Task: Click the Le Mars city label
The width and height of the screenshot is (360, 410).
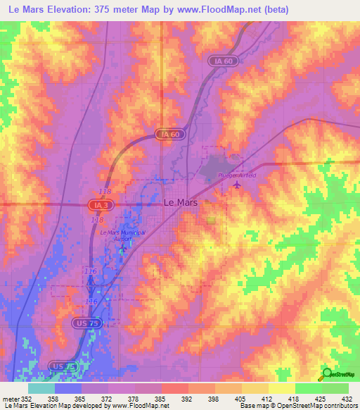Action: click(x=180, y=201)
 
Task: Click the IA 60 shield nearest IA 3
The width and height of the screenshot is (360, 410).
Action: click(x=166, y=134)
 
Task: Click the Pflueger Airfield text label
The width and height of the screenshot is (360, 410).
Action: click(x=228, y=175)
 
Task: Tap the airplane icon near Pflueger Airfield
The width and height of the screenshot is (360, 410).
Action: click(x=236, y=185)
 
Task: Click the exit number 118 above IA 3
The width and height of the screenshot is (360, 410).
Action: click(x=105, y=192)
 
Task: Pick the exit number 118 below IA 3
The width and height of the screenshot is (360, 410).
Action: click(x=97, y=220)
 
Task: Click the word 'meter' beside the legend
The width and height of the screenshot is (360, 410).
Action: click(x=10, y=399)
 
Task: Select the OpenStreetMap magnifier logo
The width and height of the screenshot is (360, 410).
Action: click(x=326, y=373)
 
